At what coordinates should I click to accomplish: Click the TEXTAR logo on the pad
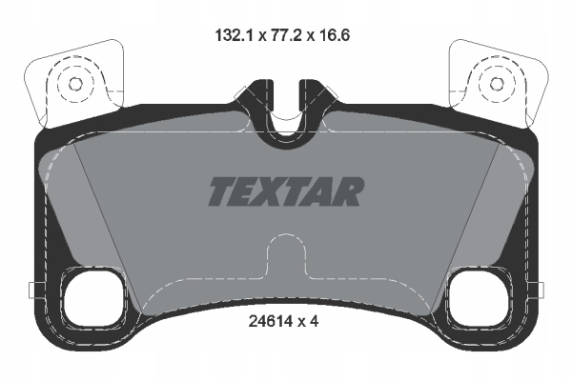(x=286, y=191)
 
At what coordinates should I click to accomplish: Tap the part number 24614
(x=270, y=321)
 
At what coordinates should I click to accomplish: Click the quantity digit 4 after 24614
(x=315, y=321)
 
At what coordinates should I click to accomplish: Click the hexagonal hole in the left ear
(x=75, y=84)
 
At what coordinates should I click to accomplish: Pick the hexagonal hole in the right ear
(x=497, y=84)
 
